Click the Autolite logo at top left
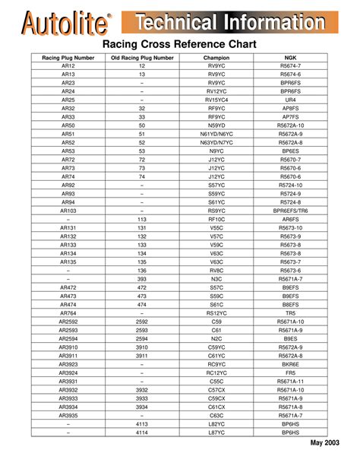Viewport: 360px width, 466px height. click(x=64, y=23)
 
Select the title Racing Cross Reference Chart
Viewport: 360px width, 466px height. click(x=179, y=45)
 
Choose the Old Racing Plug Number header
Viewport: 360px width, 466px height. click(x=141, y=58)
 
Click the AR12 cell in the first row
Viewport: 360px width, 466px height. click(x=68, y=66)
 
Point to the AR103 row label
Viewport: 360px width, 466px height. click(x=68, y=210)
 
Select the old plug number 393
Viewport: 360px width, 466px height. click(x=141, y=279)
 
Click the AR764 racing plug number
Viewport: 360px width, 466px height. click(x=68, y=313)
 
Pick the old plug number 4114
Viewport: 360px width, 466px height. click(x=141, y=432)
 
